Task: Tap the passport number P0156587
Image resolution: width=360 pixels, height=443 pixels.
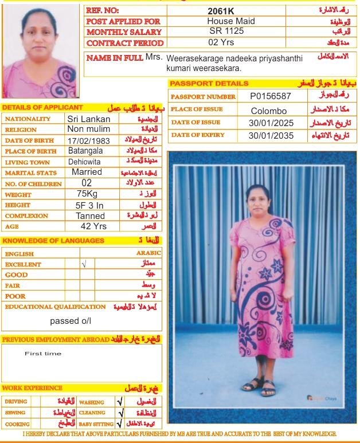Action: (271, 96)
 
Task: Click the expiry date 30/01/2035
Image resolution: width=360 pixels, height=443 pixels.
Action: (271, 136)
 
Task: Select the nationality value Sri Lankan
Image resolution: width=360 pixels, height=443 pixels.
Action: (89, 119)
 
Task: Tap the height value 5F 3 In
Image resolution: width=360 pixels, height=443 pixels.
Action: (89, 205)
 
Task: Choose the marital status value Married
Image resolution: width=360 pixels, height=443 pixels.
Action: (87, 173)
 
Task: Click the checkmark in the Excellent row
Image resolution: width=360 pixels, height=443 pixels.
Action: (84, 264)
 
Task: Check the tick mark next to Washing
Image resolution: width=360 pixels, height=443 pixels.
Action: (120, 402)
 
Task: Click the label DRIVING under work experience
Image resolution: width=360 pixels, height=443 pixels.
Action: (15, 402)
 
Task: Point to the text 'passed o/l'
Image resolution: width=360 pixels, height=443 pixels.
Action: (71, 321)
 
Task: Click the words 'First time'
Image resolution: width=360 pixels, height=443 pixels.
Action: (43, 354)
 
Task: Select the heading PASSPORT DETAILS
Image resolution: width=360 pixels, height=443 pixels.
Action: (201, 84)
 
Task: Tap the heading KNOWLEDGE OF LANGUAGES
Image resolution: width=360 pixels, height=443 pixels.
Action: (53, 241)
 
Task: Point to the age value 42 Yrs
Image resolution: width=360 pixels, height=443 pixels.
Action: (93, 226)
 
